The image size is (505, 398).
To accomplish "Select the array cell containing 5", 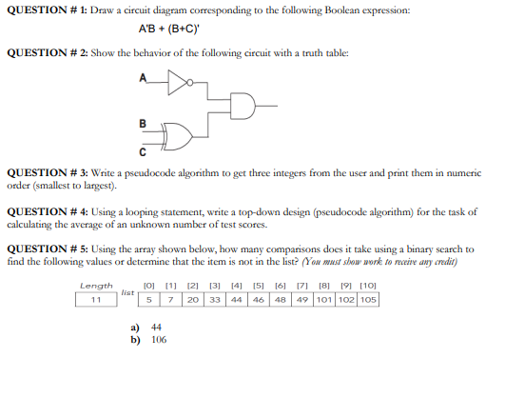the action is point(149,299).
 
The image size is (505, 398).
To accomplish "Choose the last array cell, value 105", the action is point(368,299).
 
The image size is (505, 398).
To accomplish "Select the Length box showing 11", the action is point(96,299).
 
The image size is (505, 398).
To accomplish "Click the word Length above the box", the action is point(96,285).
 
